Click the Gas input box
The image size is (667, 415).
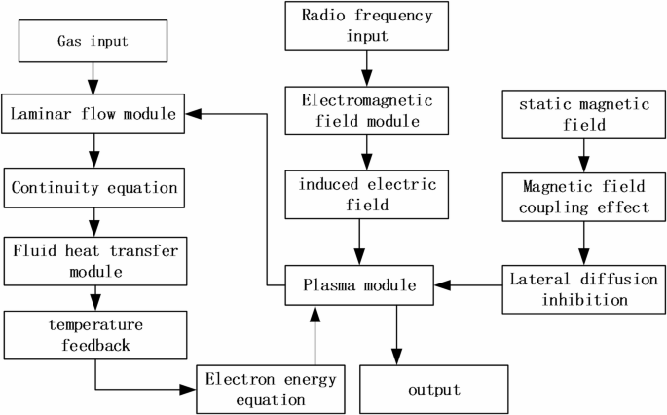(x=93, y=43)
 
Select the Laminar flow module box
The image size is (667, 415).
(x=93, y=114)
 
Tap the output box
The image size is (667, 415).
(x=434, y=389)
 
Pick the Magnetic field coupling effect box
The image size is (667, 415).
(x=582, y=195)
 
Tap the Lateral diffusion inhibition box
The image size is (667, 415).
(x=582, y=288)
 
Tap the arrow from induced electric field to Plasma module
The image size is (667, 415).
(x=361, y=240)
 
